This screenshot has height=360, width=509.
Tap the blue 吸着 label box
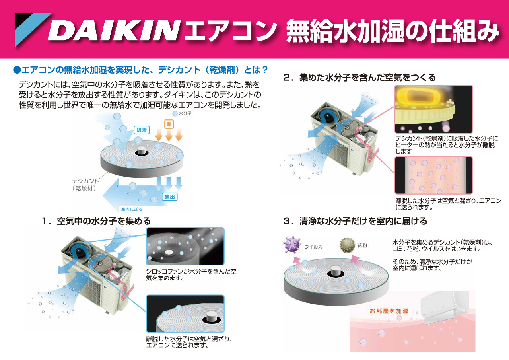pyautogui.click(x=142, y=130)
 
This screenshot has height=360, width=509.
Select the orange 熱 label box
pyautogui.click(x=169, y=124)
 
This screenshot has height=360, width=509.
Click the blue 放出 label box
pyautogui.click(x=169, y=197)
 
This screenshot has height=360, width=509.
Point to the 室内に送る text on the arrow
pyautogui.click(x=132, y=209)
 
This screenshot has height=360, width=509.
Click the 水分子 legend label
pyautogui.click(x=185, y=113)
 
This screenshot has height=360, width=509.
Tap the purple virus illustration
pyautogui.click(x=292, y=245)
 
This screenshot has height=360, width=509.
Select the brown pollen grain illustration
pyautogui.click(x=347, y=245)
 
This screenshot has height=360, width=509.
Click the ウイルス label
pyautogui.click(x=313, y=247)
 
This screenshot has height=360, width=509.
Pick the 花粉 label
pyautogui.click(x=362, y=245)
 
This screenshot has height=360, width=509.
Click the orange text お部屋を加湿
pyautogui.click(x=389, y=311)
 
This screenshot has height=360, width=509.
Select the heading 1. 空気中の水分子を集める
pyautogui.click(x=96, y=221)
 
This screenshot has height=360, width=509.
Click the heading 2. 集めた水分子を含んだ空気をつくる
pyautogui.click(x=360, y=78)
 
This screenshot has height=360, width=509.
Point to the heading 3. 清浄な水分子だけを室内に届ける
pyautogui.click(x=356, y=221)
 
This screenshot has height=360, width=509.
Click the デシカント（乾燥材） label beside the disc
pyautogui.click(x=85, y=184)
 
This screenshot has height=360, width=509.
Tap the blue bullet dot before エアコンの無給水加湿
pyautogui.click(x=17, y=70)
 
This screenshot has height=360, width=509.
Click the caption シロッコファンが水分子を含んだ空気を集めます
pyautogui.click(x=191, y=274)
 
